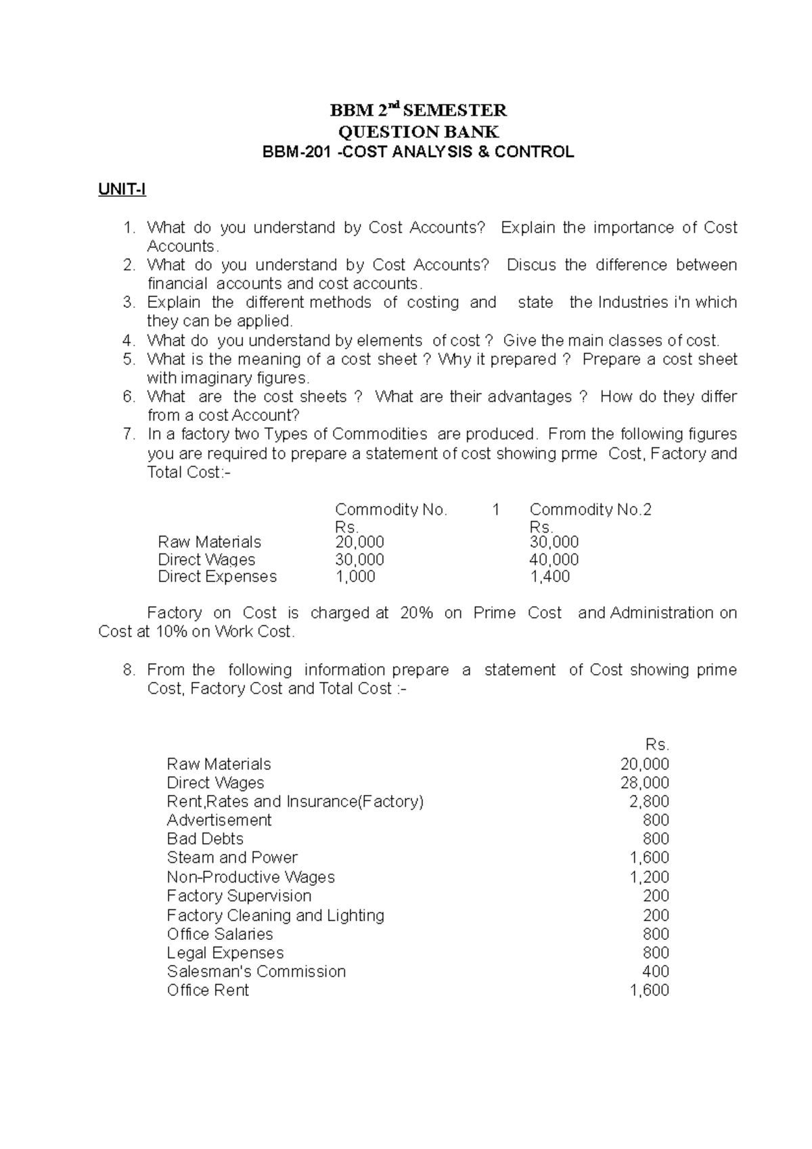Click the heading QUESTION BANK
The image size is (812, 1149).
coord(418,131)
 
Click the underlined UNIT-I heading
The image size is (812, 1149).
coord(122,189)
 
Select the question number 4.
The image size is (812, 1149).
coord(129,340)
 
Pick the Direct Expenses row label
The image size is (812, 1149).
coord(217,577)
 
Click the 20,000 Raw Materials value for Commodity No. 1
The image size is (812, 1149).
coord(359,542)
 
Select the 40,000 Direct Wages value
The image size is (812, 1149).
coord(554,560)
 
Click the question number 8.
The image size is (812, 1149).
coord(129,670)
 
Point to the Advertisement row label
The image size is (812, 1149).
coord(219,820)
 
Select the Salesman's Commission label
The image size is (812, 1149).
coord(256,972)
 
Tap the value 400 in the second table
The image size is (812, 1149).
coord(655,972)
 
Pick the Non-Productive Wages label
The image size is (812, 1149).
coord(250,877)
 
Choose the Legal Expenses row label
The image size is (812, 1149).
coord(225,953)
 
